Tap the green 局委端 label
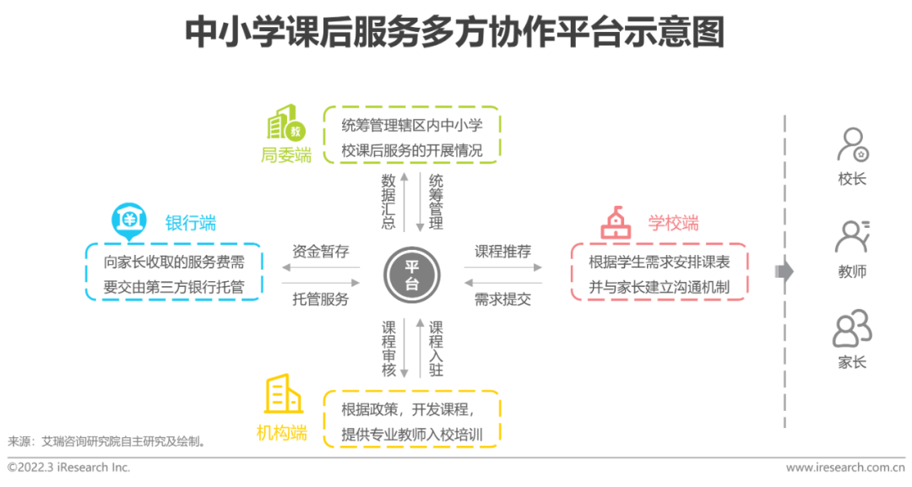click(x=286, y=155)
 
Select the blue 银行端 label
click(x=190, y=223)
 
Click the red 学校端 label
click(x=673, y=223)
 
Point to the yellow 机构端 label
click(x=282, y=433)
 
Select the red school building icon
click(x=616, y=223)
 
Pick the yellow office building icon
click(x=283, y=393)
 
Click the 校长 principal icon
click(x=852, y=145)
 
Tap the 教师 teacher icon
click(x=852, y=237)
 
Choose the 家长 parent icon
click(x=852, y=328)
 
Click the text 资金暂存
click(x=321, y=252)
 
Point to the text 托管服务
click(x=321, y=299)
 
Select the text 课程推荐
click(x=502, y=252)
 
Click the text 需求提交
click(x=502, y=299)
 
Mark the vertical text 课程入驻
click(x=436, y=348)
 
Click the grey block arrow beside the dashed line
click(x=784, y=271)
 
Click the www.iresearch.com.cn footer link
click(x=844, y=467)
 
